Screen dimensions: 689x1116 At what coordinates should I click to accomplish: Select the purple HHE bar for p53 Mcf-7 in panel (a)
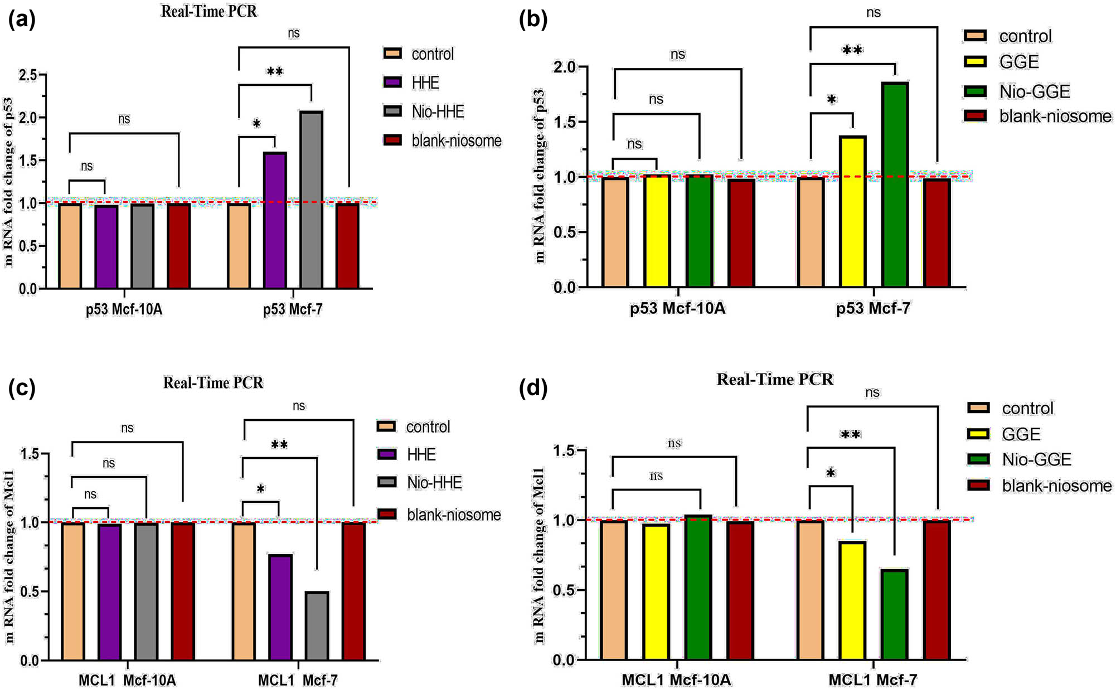point(275,220)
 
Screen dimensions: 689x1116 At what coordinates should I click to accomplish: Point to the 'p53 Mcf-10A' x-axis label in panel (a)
point(124,309)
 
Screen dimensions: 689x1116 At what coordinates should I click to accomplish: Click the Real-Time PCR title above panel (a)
point(209,11)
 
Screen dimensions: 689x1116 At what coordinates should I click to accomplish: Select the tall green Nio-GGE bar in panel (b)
point(895,185)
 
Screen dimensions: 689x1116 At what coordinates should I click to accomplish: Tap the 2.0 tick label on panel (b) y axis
point(565,67)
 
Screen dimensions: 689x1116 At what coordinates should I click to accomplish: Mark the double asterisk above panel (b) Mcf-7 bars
point(852,51)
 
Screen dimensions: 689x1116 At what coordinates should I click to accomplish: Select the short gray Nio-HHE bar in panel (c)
point(317,626)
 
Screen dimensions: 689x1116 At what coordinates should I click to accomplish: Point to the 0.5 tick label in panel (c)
point(31,591)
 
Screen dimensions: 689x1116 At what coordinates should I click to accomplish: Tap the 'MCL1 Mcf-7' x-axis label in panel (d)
point(873,680)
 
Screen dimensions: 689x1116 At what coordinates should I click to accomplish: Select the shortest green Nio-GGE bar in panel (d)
point(895,615)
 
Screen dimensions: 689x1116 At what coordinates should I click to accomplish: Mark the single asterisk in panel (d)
point(831,474)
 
